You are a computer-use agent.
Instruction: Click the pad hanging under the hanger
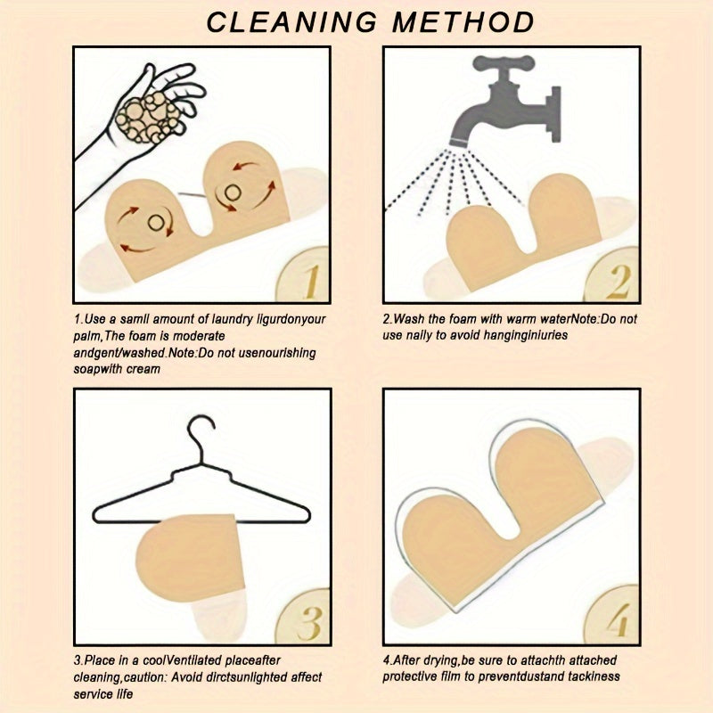click(184, 557)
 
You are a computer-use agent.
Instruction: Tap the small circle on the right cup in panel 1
click(234, 190)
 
